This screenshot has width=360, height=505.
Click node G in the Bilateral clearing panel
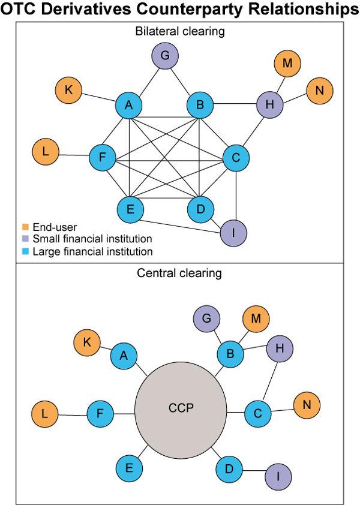(x=166, y=58)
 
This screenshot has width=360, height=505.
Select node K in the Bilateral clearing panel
(x=68, y=91)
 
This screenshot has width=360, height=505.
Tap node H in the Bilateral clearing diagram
(x=269, y=105)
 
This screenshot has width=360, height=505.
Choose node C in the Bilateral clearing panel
(x=236, y=158)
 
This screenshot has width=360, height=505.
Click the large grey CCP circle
(x=181, y=411)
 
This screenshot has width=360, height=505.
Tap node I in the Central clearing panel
(x=278, y=476)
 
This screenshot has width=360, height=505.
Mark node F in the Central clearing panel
(x=100, y=414)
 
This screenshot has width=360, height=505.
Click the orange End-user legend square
(x=25, y=227)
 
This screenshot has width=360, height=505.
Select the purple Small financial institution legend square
(x=25, y=239)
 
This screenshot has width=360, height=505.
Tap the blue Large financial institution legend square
(x=25, y=252)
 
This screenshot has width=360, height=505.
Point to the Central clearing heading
(x=179, y=273)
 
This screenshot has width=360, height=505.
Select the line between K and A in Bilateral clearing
(x=98, y=98)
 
